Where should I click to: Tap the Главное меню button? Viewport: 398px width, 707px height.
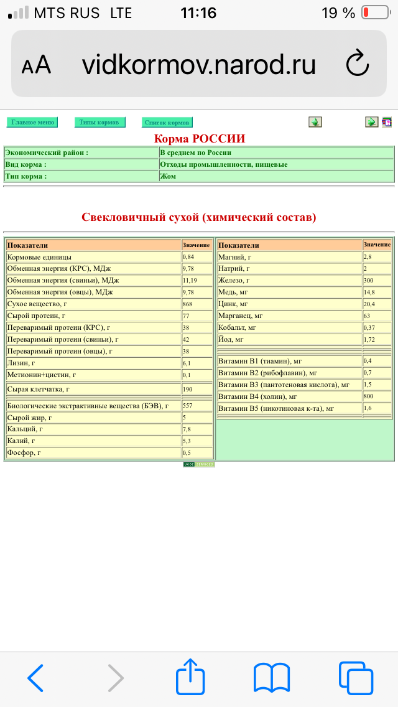point(32,122)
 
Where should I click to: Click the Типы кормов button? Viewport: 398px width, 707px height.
point(99,122)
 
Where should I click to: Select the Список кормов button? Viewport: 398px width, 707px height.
point(167,123)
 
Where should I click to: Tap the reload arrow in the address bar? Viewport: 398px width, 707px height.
point(357,64)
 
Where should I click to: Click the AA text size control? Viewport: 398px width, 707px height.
point(36,65)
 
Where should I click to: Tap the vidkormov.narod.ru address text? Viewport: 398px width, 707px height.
point(198,64)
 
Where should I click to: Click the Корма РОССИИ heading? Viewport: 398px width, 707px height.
point(199,138)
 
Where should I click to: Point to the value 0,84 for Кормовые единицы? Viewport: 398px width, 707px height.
point(189,257)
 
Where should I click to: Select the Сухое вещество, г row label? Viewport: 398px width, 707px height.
point(37,304)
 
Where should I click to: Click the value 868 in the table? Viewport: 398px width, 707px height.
point(188,304)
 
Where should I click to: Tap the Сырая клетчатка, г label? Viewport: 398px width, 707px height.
point(38,389)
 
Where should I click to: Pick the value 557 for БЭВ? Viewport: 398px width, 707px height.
point(188,406)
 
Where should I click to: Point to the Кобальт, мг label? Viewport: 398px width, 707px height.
point(238,328)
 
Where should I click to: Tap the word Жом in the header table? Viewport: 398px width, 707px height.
point(168,176)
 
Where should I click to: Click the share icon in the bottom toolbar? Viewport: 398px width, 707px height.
point(190,677)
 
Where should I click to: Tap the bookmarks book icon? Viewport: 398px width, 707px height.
point(272,677)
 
